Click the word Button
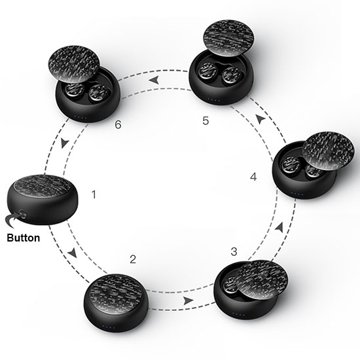click(x=24, y=238)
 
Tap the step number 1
click(x=94, y=194)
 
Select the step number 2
click(x=133, y=259)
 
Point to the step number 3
click(x=234, y=251)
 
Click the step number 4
click(x=253, y=177)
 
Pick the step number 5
click(x=206, y=120)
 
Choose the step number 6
click(x=118, y=124)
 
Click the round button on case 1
click(x=22, y=214)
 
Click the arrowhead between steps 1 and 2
click(x=73, y=253)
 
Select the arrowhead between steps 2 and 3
click(x=189, y=300)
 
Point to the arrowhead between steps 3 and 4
click(x=279, y=227)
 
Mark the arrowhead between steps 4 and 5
click(x=261, y=119)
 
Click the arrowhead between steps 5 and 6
click(x=154, y=80)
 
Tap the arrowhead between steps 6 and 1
click(x=65, y=143)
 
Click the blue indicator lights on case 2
click(x=109, y=327)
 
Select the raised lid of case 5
click(x=229, y=37)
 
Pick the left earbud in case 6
click(x=73, y=90)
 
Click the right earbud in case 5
click(x=230, y=74)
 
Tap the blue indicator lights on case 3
click(x=238, y=314)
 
